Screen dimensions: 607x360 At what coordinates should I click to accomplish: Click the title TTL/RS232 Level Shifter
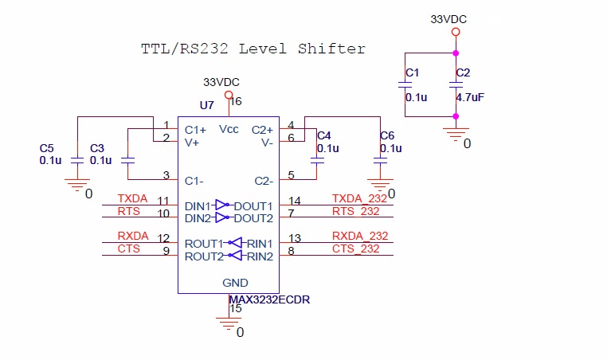[253, 49]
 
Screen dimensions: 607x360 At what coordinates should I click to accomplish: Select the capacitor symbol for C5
[77, 160]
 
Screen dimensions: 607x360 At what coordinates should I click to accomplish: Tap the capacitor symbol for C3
[127, 160]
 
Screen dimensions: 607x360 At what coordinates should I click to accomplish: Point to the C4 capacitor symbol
[317, 160]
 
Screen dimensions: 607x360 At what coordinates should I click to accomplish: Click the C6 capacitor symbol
[380, 160]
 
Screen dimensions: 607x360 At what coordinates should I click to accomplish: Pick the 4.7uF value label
[470, 97]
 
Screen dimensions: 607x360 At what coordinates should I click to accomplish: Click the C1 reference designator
[413, 72]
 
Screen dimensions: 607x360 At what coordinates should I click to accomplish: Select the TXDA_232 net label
[359, 198]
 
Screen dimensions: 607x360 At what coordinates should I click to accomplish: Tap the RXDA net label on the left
[133, 236]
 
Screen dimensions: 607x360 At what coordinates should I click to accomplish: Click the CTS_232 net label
[356, 248]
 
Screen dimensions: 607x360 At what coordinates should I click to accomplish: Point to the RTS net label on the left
[129, 211]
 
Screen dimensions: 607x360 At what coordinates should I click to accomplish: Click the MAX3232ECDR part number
[269, 299]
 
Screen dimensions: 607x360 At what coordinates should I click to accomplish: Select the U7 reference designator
[207, 105]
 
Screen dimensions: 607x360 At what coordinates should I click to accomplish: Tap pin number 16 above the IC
[236, 101]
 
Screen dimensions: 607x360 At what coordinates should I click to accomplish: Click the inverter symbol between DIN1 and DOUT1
[221, 205]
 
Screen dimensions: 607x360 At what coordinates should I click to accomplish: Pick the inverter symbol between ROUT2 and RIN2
[235, 256]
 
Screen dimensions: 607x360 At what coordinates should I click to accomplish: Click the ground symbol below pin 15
[229, 323]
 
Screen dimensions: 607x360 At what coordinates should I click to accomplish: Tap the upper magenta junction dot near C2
[456, 53]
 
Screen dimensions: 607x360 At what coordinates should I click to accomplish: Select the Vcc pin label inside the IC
[229, 129]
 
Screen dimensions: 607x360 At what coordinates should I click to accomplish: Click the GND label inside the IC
[235, 283]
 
